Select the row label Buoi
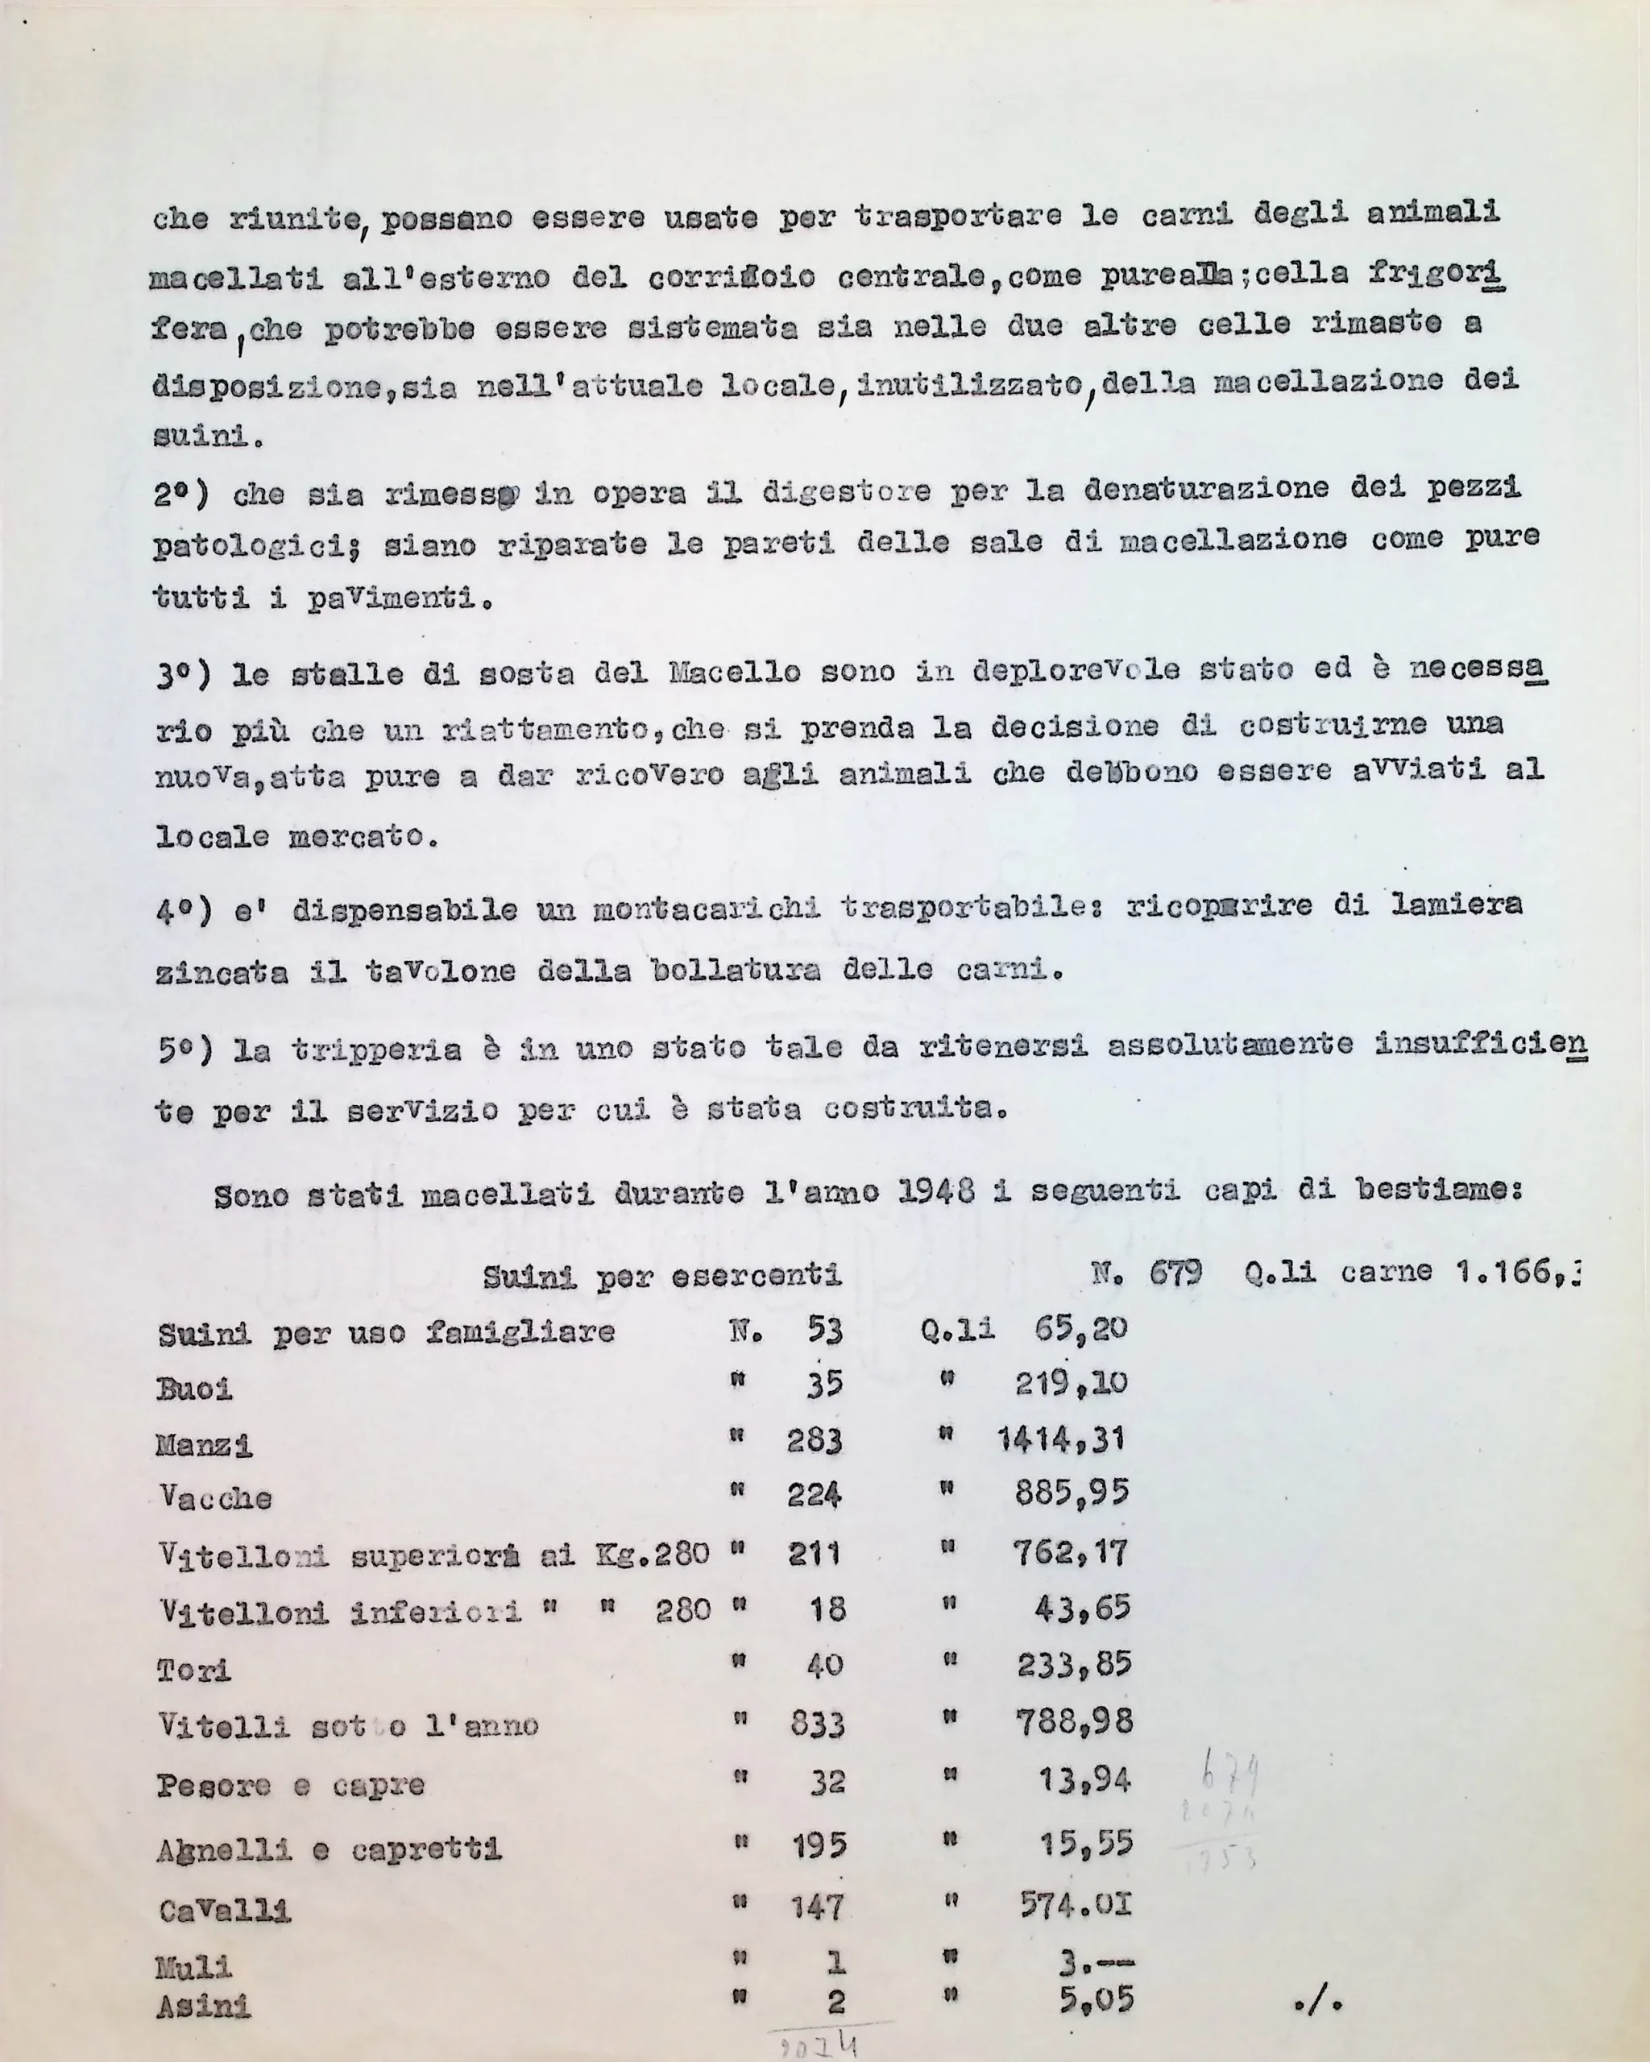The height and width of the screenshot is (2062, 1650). (194, 1389)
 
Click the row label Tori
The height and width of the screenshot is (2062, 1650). (193, 1670)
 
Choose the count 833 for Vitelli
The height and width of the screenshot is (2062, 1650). (817, 1724)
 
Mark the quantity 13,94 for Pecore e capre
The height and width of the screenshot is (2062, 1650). (1084, 1780)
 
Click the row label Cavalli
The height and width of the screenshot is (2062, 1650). (224, 1910)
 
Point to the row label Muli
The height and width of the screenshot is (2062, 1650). (193, 1966)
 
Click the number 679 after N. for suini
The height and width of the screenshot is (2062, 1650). (1175, 1273)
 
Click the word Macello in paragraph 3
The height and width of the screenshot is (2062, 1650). (735, 673)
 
